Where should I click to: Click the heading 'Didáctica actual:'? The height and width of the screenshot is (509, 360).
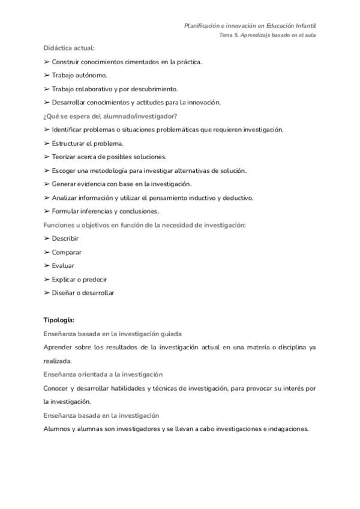pos(69,48)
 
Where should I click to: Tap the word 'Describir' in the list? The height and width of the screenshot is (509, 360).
pos(65,238)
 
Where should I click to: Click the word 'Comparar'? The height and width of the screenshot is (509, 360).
pos(67,252)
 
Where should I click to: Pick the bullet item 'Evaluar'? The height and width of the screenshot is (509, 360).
pos(63,265)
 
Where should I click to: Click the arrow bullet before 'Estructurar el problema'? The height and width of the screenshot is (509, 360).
pos(47,143)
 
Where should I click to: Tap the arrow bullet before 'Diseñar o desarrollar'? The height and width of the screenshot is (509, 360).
pos(47,293)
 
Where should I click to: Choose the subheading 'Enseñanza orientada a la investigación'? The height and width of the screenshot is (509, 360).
pos(103,375)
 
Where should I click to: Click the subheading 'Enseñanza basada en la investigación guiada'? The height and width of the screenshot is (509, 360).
pos(113,334)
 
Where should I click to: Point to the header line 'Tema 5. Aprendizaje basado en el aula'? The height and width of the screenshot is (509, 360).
pos(268,35)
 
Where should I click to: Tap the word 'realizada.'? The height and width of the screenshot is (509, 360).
pos(58,361)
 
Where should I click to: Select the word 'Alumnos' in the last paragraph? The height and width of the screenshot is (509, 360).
pos(56,429)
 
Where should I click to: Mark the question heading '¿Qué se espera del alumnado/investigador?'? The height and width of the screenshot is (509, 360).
pos(110,116)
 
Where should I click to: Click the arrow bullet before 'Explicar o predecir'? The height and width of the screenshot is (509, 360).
pos(47,279)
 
